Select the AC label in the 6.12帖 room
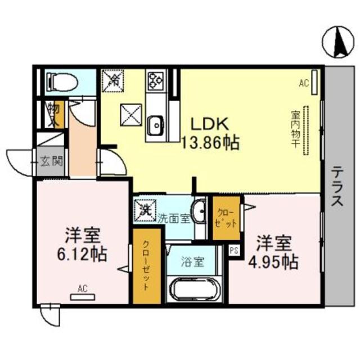click(83, 290)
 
